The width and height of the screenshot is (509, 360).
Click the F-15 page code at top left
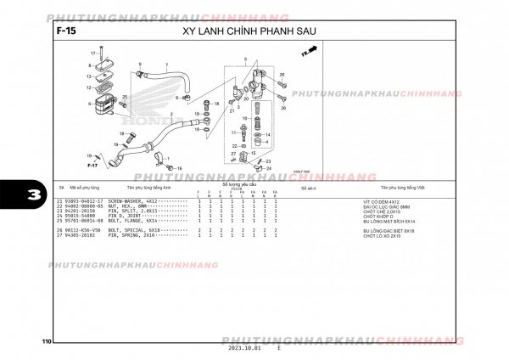coord(63,31)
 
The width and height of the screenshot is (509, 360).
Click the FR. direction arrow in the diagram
coord(309,52)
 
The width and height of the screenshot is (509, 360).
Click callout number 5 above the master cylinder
coord(245,59)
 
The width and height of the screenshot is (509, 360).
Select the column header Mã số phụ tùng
coord(84,187)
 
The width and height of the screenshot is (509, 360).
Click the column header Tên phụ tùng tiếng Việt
coord(403,187)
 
